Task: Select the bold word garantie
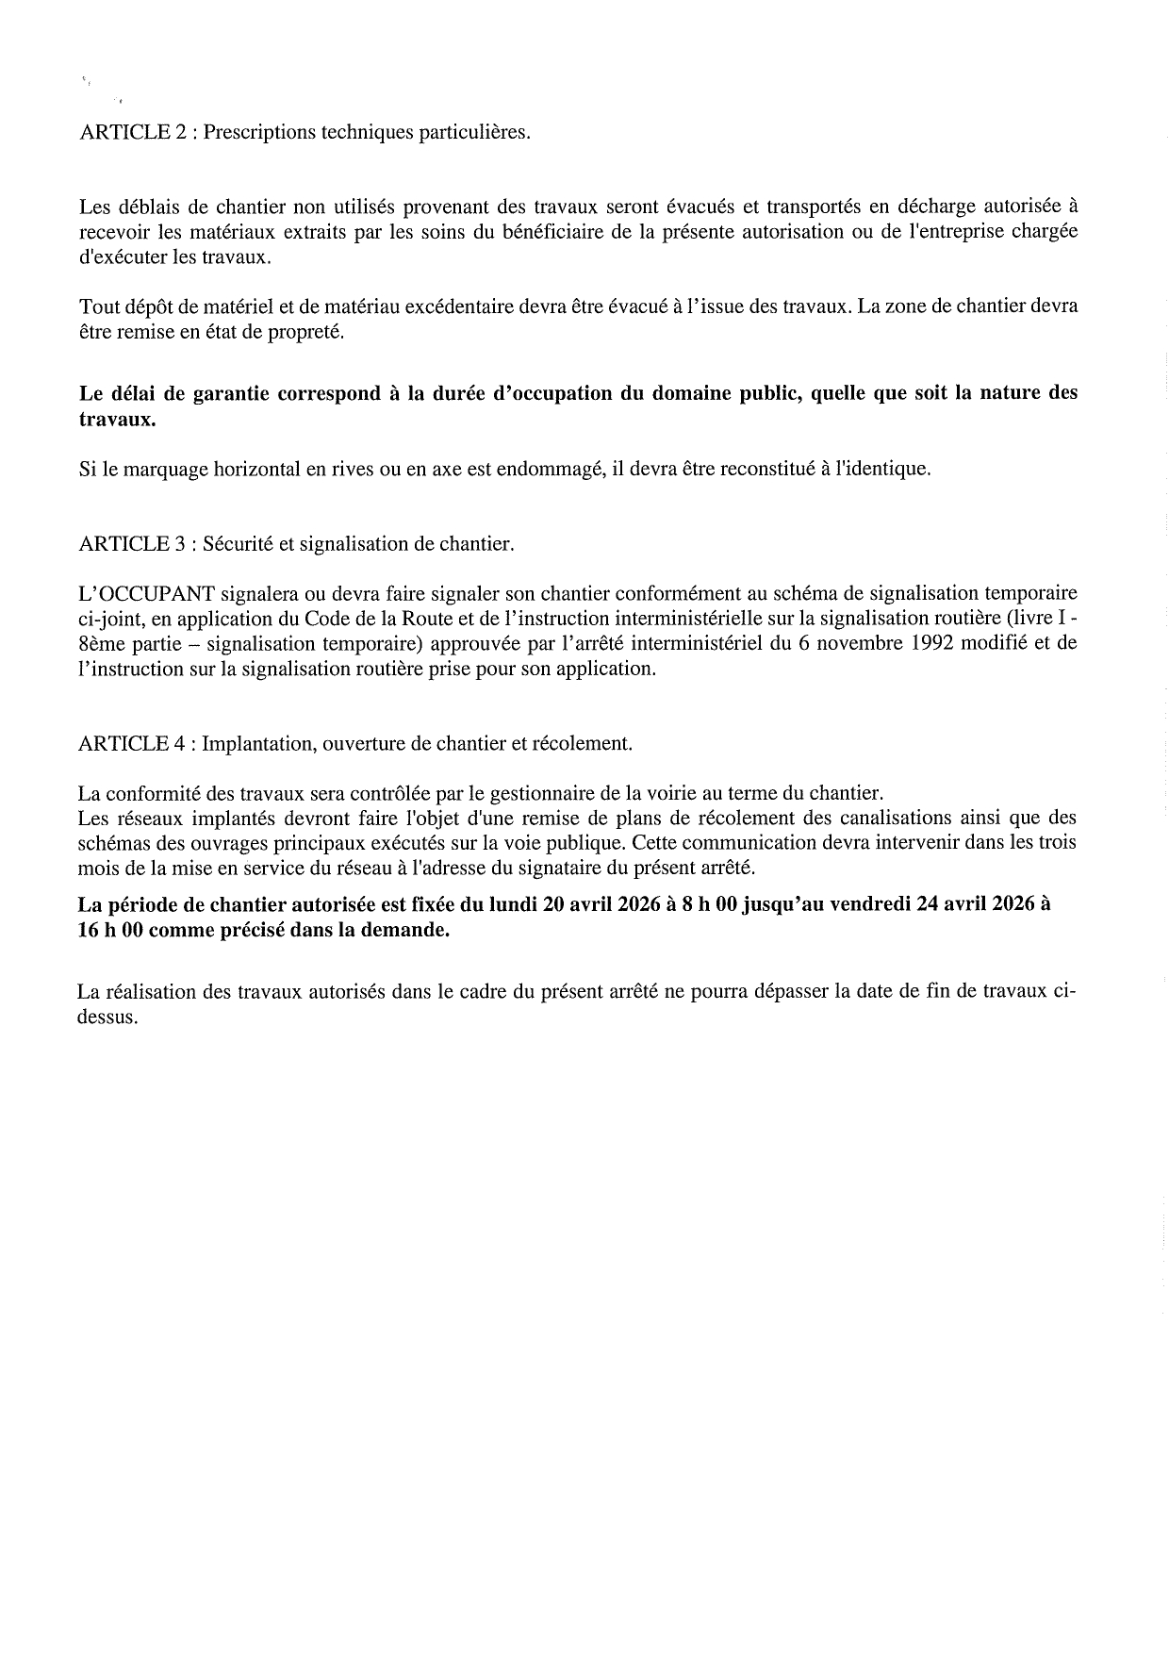(x=230, y=393)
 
